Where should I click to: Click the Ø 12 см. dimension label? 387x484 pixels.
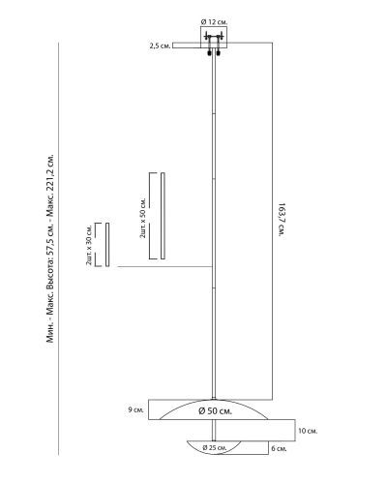click(x=214, y=22)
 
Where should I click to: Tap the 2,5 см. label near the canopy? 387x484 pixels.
click(x=160, y=45)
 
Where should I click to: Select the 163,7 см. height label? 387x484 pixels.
click(x=282, y=221)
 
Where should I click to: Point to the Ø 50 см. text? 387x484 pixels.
click(x=215, y=411)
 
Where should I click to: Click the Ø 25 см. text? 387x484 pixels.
click(x=215, y=447)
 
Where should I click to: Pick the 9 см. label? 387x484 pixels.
click(x=135, y=410)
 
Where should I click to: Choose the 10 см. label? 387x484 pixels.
click(x=308, y=431)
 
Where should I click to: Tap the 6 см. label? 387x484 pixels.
click(x=279, y=448)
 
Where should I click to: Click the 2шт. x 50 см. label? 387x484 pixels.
click(x=143, y=218)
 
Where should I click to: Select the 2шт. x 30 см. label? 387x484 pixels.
click(x=89, y=244)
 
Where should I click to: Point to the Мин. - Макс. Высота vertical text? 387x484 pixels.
click(x=51, y=249)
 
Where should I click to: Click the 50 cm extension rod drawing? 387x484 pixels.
click(x=163, y=216)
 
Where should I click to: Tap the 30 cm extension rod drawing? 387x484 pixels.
click(x=107, y=245)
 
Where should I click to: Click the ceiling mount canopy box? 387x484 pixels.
click(x=214, y=38)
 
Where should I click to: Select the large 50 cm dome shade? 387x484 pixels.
click(x=214, y=409)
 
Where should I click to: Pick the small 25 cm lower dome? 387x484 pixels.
click(x=214, y=448)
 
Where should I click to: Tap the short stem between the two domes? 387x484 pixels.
click(x=214, y=430)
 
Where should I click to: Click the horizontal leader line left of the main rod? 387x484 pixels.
click(x=164, y=267)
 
